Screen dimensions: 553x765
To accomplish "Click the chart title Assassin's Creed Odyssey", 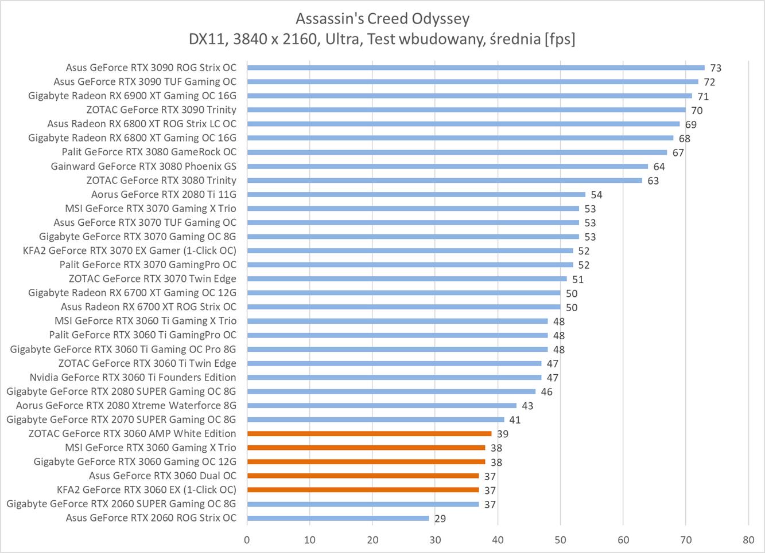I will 382,19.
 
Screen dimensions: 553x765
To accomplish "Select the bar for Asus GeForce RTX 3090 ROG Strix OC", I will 475,68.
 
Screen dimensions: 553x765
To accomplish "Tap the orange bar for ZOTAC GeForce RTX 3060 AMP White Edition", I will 369,434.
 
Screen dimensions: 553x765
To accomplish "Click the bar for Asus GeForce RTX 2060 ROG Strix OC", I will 337,518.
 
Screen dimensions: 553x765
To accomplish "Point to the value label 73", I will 716,68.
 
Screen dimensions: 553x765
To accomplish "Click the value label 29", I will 440,519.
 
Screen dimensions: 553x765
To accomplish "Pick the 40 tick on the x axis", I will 498,539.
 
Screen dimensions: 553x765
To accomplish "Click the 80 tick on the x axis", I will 748,539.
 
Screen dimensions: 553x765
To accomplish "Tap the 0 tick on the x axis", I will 247,539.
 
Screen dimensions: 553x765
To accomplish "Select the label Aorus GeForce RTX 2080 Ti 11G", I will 164,194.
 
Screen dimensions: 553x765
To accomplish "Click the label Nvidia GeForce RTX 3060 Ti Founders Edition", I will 133,377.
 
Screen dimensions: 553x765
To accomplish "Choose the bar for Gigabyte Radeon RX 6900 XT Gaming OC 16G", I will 469,96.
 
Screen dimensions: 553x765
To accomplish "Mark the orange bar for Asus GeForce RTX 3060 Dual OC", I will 363,476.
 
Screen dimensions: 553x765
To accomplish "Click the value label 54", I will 596,195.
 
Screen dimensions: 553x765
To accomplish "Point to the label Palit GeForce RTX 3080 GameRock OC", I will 149,152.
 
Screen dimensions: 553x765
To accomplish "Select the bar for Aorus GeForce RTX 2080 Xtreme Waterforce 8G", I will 382,406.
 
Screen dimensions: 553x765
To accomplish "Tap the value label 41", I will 515,420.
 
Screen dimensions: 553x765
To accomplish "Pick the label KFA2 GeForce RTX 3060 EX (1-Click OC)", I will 146,489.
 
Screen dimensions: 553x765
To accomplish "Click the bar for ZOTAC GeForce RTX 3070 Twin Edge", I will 406,279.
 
